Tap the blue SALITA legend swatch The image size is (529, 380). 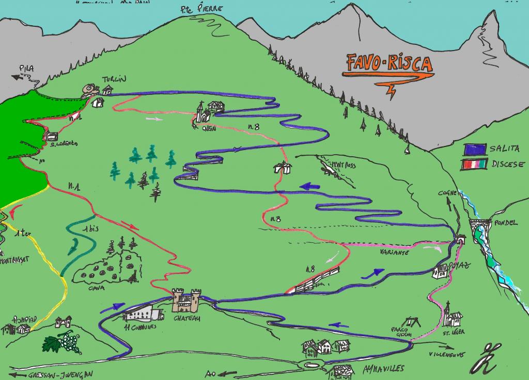pyautogui.click(x=475, y=149)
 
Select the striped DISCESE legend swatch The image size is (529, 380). pyautogui.click(x=475, y=164)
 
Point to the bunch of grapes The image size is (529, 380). pyautogui.click(x=64, y=341)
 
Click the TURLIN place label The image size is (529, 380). pyautogui.click(x=114, y=78)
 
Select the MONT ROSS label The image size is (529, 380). pyautogui.click(x=343, y=166)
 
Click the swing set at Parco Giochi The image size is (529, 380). pyautogui.click(x=413, y=322)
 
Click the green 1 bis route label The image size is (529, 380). pyautogui.click(x=91, y=229)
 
